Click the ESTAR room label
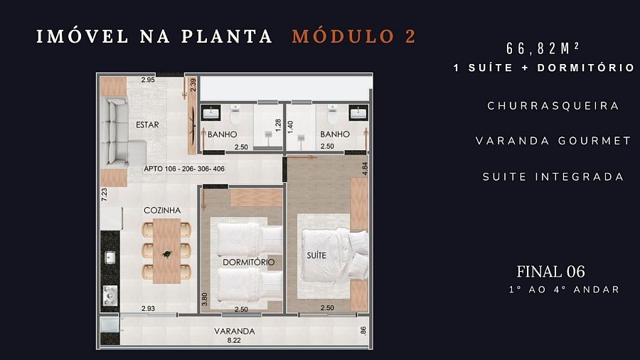[147, 125]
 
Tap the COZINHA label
[162, 210]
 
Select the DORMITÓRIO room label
[248, 262]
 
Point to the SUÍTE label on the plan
[316, 254]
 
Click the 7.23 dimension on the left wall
[104, 195]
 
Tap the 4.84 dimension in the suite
[364, 169]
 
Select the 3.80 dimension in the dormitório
[205, 300]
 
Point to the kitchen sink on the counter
[110, 258]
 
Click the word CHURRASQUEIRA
[553, 105]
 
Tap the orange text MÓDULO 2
[354, 36]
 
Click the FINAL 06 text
[550, 271]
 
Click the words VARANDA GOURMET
[553, 141]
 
